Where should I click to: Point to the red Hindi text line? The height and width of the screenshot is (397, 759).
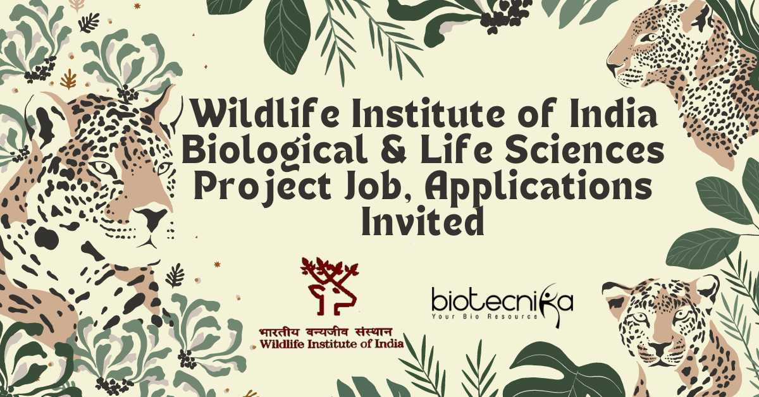coord(326,333)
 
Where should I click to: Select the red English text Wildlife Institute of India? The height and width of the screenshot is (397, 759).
coord(331,344)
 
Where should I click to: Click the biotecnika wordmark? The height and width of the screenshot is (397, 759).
coord(502,302)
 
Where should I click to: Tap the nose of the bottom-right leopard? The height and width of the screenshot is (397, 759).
coord(661,348)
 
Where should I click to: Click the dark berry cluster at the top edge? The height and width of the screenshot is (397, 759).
coord(502,17)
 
